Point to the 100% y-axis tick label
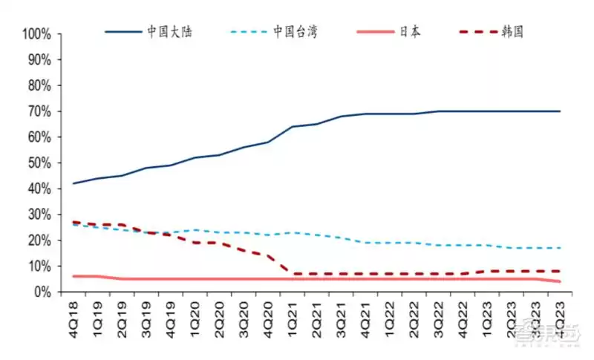coord(36,34)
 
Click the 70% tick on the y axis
coord(39,111)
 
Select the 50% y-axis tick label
coord(39,163)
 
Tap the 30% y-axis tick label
coord(39,215)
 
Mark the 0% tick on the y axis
coord(42,292)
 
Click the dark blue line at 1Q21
coord(293,127)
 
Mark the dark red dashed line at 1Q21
coord(293,274)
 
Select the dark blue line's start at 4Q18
coord(73,183)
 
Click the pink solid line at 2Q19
coord(122,279)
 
